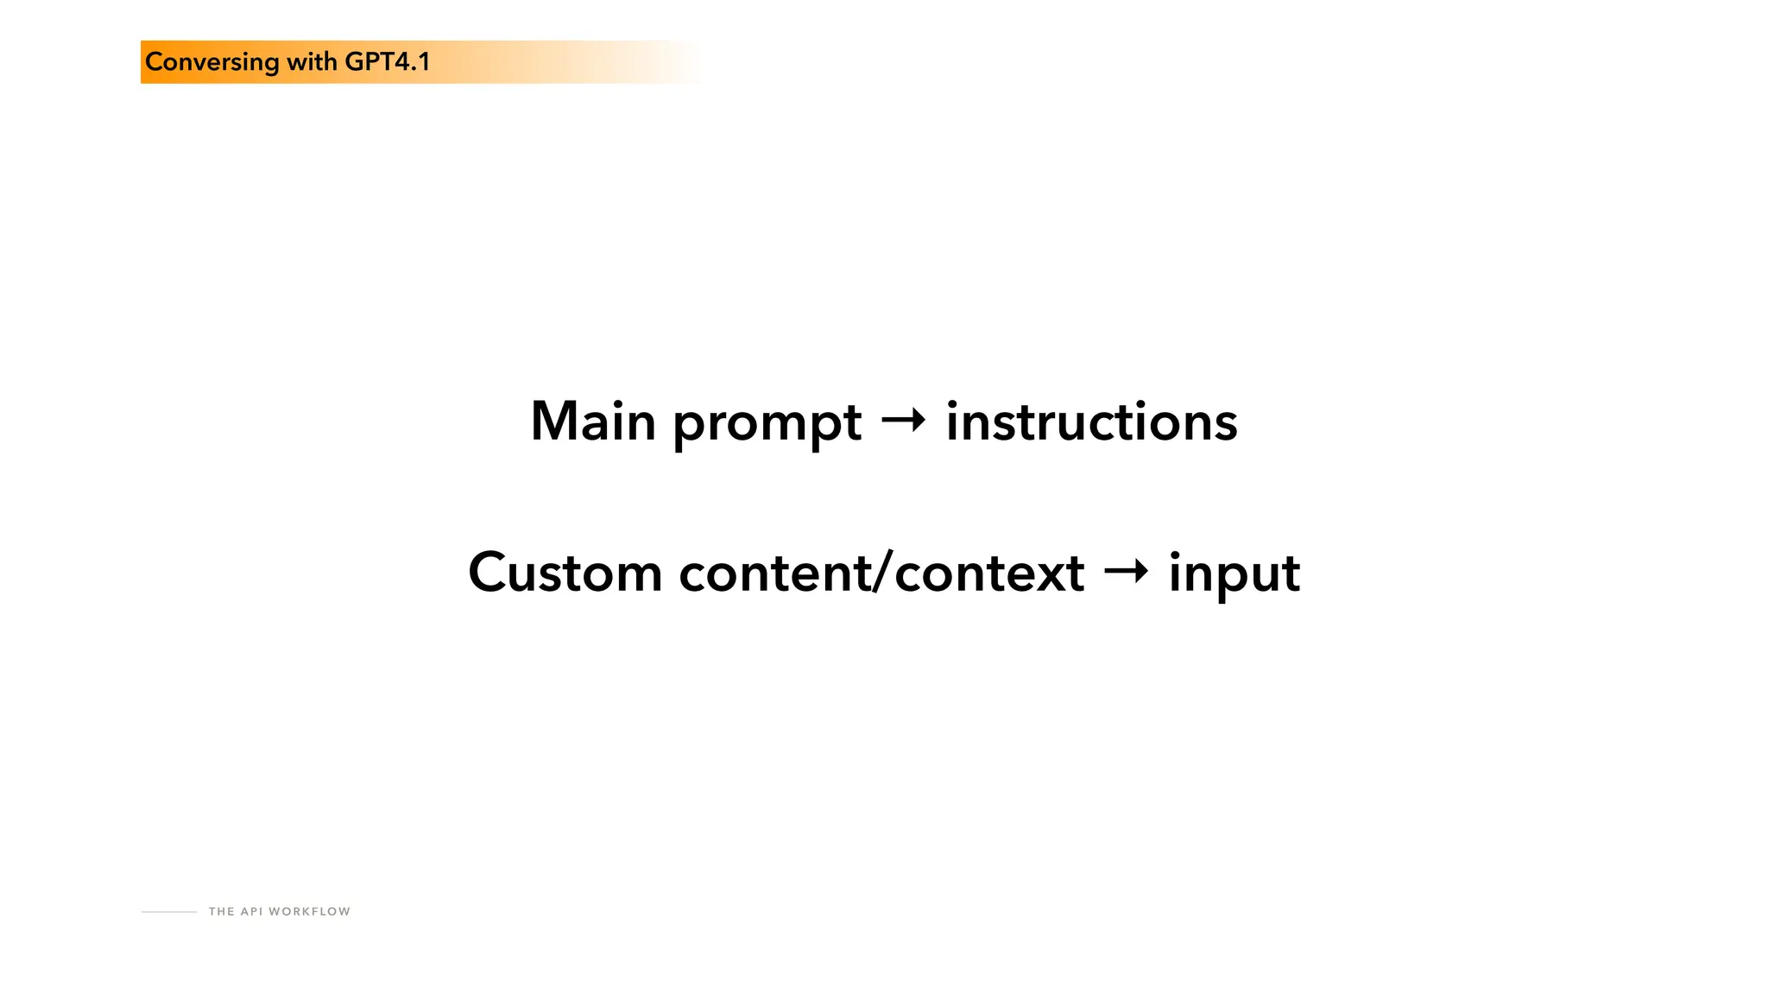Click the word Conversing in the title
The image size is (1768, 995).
pos(212,62)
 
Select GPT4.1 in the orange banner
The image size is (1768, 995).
pos(387,62)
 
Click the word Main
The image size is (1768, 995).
pos(593,422)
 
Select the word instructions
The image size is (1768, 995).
pos(1091,422)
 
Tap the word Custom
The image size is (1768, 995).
pos(565,573)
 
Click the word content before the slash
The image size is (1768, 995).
pos(774,574)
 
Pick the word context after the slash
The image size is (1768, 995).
pos(989,574)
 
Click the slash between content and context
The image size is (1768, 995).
pos(881,574)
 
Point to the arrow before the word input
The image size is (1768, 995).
pos(1126,571)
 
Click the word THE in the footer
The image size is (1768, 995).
pos(221,911)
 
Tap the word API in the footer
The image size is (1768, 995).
pos(251,911)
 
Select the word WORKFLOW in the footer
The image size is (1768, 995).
pos(309,911)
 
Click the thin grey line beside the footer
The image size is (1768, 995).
pos(169,911)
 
